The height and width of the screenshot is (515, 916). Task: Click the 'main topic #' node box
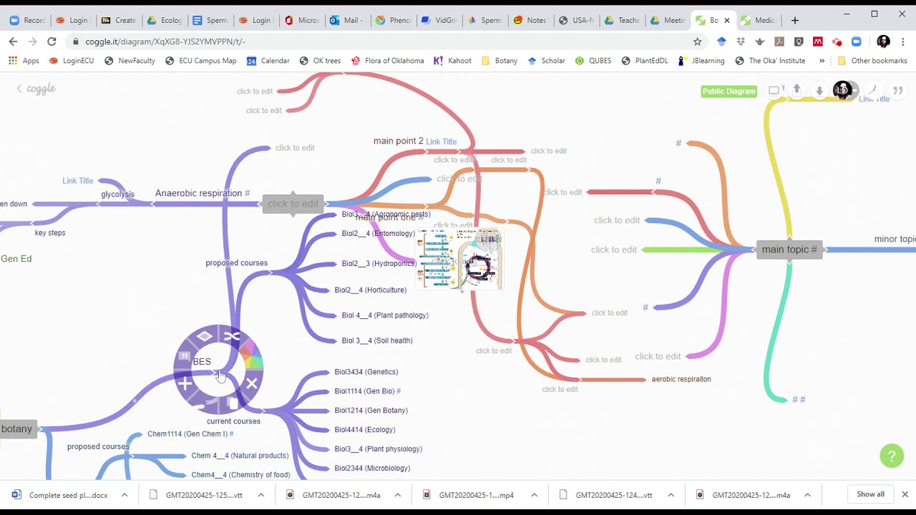pyautogui.click(x=789, y=250)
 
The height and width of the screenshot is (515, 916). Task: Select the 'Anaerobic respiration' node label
pyautogui.click(x=198, y=193)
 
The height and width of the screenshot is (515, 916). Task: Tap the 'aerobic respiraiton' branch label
pyautogui.click(x=681, y=379)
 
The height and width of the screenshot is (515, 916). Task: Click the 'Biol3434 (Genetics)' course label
pyautogui.click(x=366, y=372)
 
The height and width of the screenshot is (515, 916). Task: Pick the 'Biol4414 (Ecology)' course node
pyautogui.click(x=364, y=430)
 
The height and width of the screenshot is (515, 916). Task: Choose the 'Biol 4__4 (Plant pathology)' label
pyautogui.click(x=385, y=315)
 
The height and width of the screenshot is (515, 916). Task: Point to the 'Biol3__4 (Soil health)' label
pyautogui.click(x=376, y=340)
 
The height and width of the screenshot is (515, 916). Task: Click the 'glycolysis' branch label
pyautogui.click(x=117, y=195)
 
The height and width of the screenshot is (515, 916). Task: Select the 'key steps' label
pyautogui.click(x=50, y=232)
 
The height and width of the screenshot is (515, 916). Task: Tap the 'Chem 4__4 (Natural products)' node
pyautogui.click(x=240, y=456)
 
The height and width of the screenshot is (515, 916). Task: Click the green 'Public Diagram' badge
pyautogui.click(x=729, y=91)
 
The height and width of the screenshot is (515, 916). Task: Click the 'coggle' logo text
pyautogui.click(x=41, y=89)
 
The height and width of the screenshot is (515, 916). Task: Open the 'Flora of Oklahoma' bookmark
pyautogui.click(x=394, y=61)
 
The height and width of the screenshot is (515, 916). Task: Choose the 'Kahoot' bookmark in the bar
pyautogui.click(x=459, y=61)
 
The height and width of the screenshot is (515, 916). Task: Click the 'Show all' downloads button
pyautogui.click(x=870, y=494)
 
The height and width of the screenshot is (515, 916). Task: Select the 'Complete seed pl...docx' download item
pyautogui.click(x=68, y=495)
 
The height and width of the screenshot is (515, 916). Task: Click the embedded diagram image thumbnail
pyautogui.click(x=459, y=259)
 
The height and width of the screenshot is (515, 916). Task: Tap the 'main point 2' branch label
pyautogui.click(x=398, y=141)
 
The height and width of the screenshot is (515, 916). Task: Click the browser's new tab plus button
pyautogui.click(x=794, y=20)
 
